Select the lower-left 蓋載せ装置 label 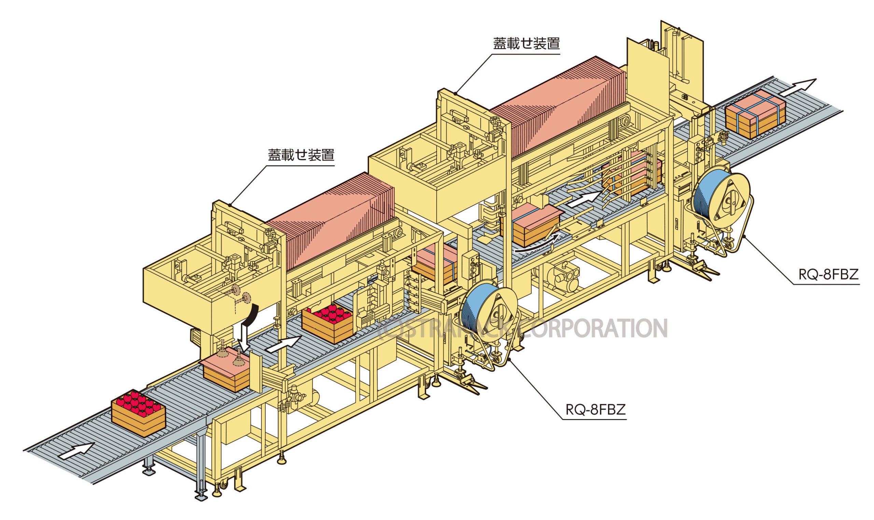[301, 155]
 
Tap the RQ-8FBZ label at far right [828, 274]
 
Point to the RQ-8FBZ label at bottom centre [595, 409]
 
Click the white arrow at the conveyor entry [76, 451]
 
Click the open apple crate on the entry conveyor [138, 412]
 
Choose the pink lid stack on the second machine [558, 105]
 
